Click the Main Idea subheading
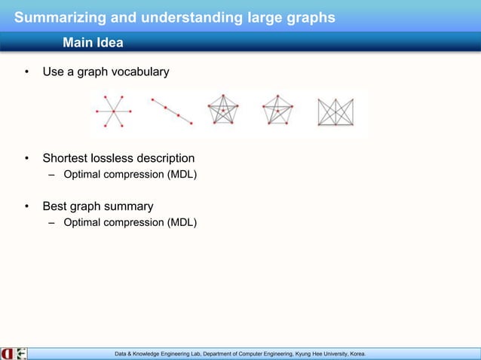93,42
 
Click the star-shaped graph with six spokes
113,111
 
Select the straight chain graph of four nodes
172,111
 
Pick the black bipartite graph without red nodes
335,112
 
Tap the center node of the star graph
113,111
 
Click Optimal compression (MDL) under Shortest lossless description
130,175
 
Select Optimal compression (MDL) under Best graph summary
130,222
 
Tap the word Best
55,206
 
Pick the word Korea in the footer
354,353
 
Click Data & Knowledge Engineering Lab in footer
158,353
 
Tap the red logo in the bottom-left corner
7,353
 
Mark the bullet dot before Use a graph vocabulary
26,72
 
